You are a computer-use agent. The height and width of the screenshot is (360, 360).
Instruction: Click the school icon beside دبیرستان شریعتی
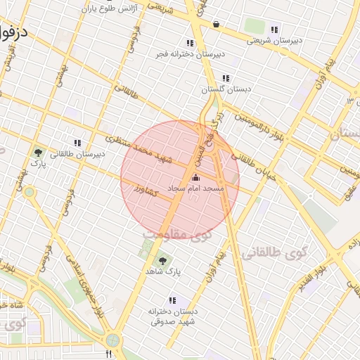coord(274,30)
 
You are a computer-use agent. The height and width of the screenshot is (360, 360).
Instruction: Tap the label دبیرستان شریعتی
coord(274,41)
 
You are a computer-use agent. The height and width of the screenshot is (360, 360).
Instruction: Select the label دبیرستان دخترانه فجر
coord(191,53)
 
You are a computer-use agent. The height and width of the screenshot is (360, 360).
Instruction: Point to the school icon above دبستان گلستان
coord(225,79)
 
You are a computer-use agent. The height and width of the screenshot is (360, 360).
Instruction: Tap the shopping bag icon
coord(215,25)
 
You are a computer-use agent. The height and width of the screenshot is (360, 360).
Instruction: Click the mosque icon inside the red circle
coord(195,178)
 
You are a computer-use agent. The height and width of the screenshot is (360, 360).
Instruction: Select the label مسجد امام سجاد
coord(196,189)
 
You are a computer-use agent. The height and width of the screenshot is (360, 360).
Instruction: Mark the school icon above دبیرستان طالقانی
coord(77,142)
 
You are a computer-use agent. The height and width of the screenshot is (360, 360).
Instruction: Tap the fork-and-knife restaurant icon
coord(108,354)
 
